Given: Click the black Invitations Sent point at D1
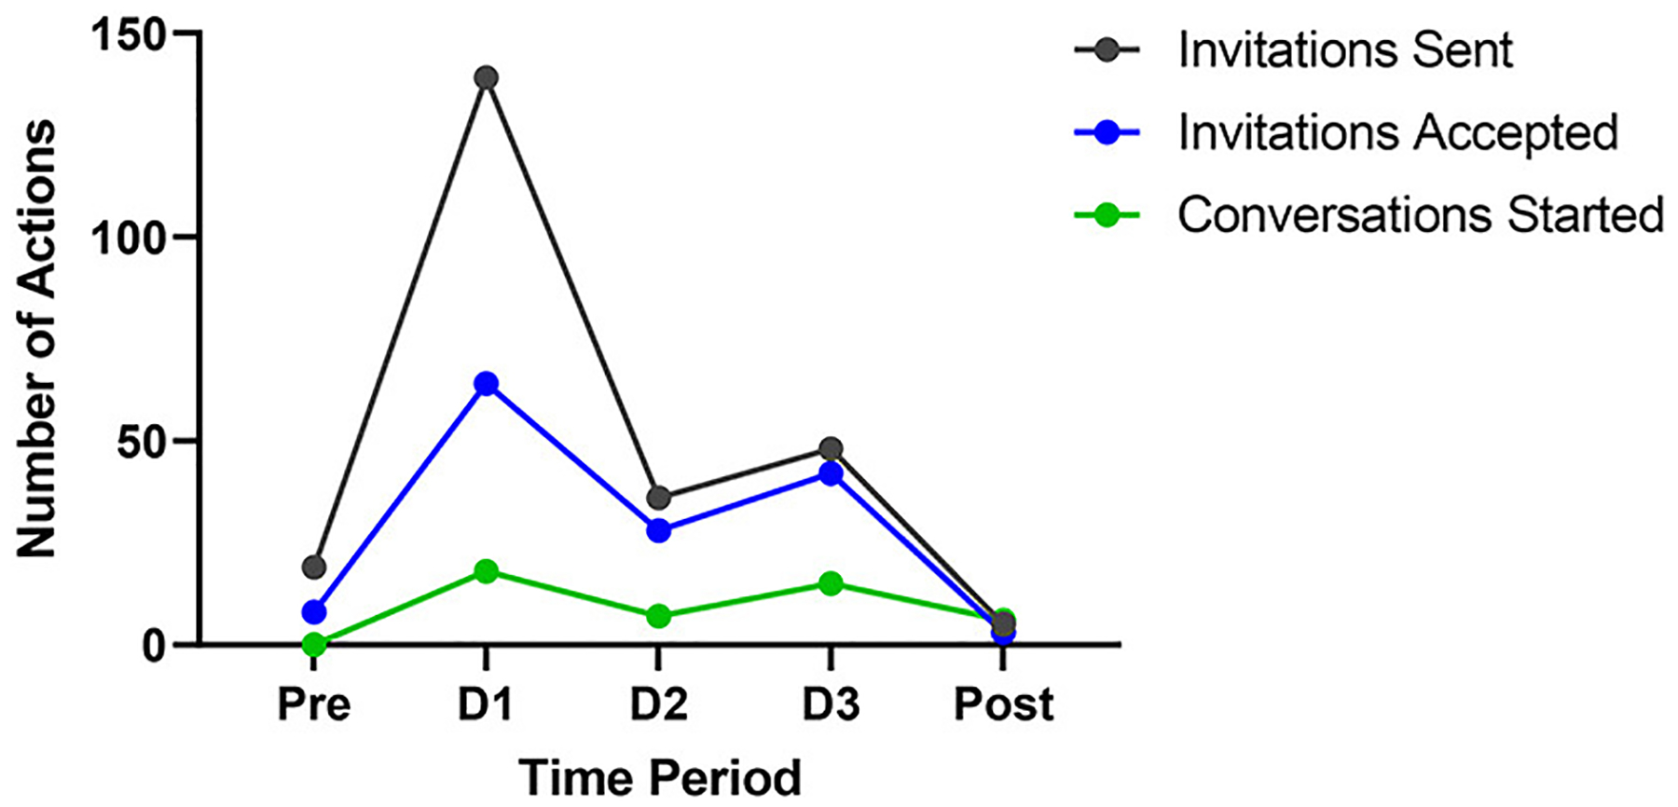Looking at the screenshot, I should click(486, 77).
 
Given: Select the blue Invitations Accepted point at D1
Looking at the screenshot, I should click(486, 383).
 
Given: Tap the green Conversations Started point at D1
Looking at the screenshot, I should click(486, 571).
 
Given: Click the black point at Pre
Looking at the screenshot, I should click(314, 567).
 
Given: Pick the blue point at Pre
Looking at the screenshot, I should click(314, 612).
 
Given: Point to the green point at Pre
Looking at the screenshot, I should click(314, 644).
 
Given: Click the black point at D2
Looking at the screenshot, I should click(658, 498).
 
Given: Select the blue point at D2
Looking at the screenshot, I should click(658, 530).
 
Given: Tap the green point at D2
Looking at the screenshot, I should click(658, 616).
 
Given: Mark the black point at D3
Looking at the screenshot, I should click(831, 449).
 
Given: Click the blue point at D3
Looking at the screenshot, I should click(831, 473).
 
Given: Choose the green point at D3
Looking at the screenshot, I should click(831, 583).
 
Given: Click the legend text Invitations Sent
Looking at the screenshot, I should click(1344, 49).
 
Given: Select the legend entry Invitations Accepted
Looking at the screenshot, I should click(1396, 132).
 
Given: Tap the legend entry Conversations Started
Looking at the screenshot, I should click(1420, 214).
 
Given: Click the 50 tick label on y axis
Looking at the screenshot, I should click(140, 441).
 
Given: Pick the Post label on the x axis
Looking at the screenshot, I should click(1003, 704).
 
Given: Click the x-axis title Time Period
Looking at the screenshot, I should click(659, 777).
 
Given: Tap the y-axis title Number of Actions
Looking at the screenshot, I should click(37, 339).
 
